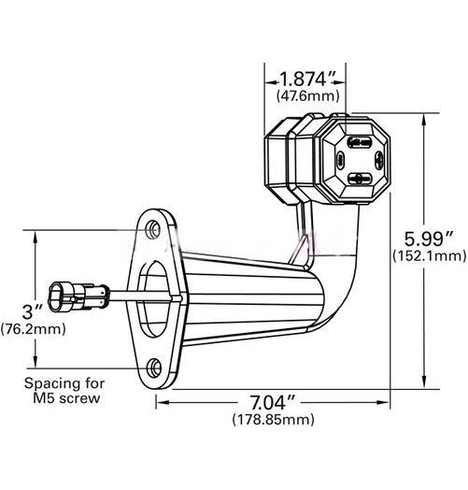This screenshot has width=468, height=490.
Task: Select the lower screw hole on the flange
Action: (x=155, y=366)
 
